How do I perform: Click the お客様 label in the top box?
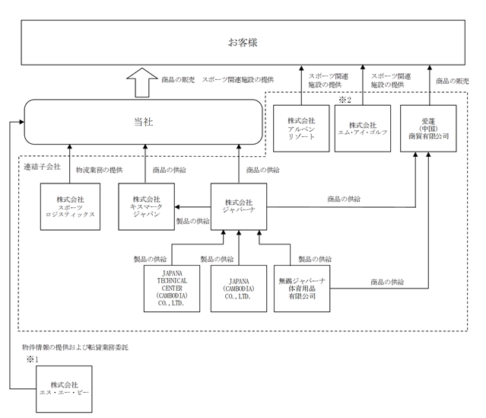click(x=243, y=43)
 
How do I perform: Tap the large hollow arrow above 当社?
click(x=142, y=82)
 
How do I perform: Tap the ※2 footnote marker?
click(x=345, y=100)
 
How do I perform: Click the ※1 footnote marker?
click(x=32, y=359)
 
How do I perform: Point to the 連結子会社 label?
click(x=42, y=167)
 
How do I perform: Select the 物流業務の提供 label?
click(x=100, y=170)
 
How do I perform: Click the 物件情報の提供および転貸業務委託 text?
click(x=75, y=347)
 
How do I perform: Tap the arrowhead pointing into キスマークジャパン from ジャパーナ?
click(x=177, y=207)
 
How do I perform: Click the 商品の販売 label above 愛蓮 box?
click(x=453, y=81)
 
